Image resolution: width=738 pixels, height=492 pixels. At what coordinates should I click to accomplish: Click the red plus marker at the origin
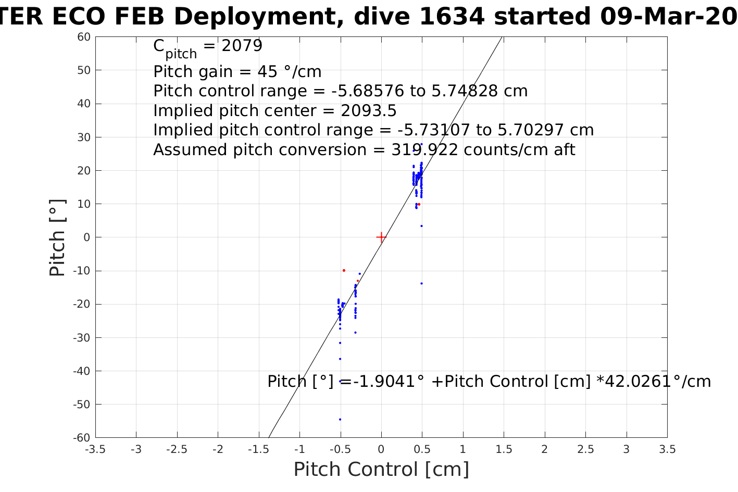[381, 237]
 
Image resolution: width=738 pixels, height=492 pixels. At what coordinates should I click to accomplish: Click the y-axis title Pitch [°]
[57, 237]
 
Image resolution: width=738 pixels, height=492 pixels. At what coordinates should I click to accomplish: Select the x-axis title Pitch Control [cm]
[381, 470]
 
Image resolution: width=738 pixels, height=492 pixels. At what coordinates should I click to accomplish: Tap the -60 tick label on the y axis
[83, 438]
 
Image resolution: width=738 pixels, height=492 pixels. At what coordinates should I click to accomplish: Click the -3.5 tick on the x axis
[95, 449]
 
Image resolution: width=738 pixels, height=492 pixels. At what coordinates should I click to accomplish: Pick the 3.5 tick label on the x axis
[667, 449]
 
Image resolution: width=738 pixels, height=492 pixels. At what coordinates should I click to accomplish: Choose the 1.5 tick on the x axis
[504, 449]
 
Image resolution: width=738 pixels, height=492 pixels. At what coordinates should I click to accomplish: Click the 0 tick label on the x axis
[381, 449]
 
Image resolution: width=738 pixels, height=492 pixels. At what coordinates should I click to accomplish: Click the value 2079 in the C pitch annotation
[242, 46]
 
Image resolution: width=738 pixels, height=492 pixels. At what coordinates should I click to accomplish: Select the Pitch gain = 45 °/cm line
[237, 71]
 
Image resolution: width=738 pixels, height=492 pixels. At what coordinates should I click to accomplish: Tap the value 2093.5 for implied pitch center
[368, 111]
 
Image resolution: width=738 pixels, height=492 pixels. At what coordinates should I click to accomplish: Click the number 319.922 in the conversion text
[424, 150]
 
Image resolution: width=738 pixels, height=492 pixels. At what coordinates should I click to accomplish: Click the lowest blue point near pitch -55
[340, 420]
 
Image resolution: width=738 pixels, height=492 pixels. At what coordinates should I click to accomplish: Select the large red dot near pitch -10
[344, 271]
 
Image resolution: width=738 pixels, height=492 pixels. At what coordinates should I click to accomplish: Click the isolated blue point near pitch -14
[421, 284]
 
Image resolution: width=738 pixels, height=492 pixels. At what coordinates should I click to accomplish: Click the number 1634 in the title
[452, 17]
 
